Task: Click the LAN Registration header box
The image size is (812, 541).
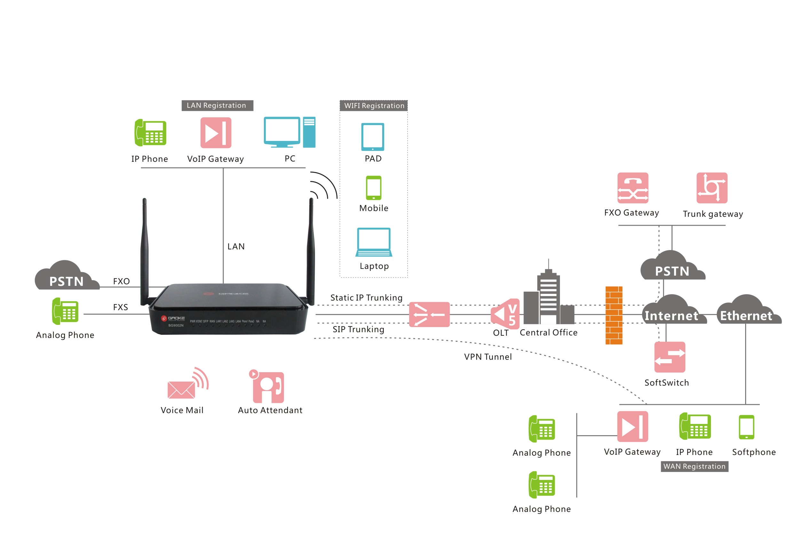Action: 217,105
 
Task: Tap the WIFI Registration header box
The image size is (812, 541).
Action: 374,106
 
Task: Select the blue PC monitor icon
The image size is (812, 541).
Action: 282,132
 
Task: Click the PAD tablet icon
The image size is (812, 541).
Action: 372,137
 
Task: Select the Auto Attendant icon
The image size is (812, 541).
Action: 268,387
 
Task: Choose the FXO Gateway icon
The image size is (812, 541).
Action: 633,188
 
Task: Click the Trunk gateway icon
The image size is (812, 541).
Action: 712,188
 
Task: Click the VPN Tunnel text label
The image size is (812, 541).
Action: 488,357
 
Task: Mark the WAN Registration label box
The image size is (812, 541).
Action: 694,466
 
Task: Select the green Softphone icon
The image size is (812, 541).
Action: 746,427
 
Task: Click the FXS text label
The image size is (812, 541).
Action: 121,307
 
